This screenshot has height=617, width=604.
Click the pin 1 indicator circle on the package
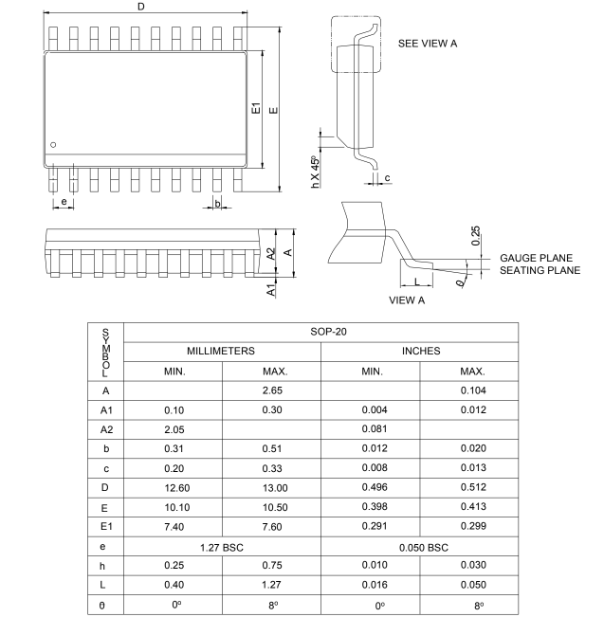(54, 144)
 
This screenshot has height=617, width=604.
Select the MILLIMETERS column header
(222, 351)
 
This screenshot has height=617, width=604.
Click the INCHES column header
(420, 351)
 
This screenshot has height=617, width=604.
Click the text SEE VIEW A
(433, 44)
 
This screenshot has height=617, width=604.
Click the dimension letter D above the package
(142, 8)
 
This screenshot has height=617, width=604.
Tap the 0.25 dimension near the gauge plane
(475, 233)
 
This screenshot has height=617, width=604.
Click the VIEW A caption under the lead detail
(408, 300)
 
